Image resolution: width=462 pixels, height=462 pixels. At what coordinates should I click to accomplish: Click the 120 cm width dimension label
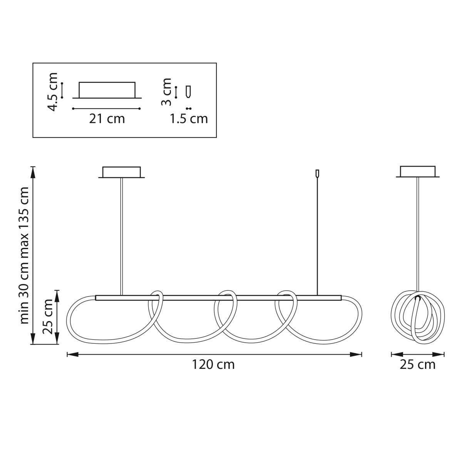tap(213, 365)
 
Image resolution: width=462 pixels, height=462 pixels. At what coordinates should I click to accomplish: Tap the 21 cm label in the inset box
tap(107, 119)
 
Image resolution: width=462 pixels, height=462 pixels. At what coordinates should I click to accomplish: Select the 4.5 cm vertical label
tap(53, 92)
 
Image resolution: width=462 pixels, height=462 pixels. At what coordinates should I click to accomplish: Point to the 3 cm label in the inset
tap(166, 92)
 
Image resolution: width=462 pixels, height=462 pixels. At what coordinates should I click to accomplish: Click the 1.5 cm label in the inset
tap(189, 119)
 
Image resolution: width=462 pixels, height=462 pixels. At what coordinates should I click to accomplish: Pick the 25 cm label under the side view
tap(417, 365)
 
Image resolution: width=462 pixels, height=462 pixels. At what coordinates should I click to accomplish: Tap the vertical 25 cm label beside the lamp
tap(47, 316)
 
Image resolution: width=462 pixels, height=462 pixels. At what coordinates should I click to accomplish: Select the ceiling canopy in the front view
tap(122, 172)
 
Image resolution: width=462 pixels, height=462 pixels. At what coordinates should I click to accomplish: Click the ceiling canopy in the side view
tap(418, 172)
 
